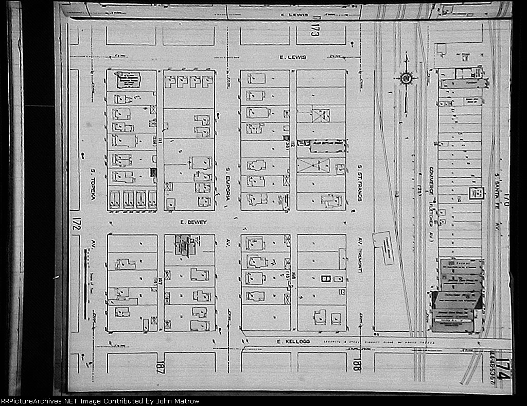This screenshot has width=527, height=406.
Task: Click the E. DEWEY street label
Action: click(x=186, y=223)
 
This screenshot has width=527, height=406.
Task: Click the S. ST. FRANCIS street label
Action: click(x=360, y=183)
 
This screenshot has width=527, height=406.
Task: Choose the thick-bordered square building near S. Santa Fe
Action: click(x=477, y=193)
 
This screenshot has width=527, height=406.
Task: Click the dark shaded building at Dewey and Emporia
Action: click(x=182, y=245)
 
